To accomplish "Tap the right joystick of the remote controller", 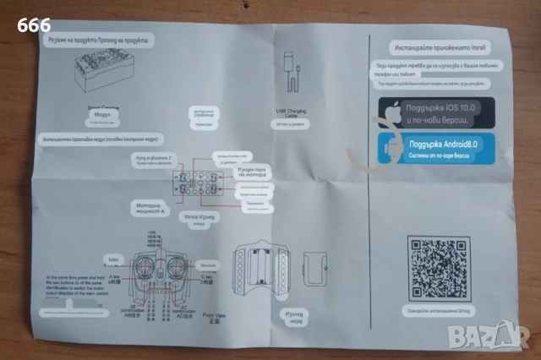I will coord(178,268).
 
